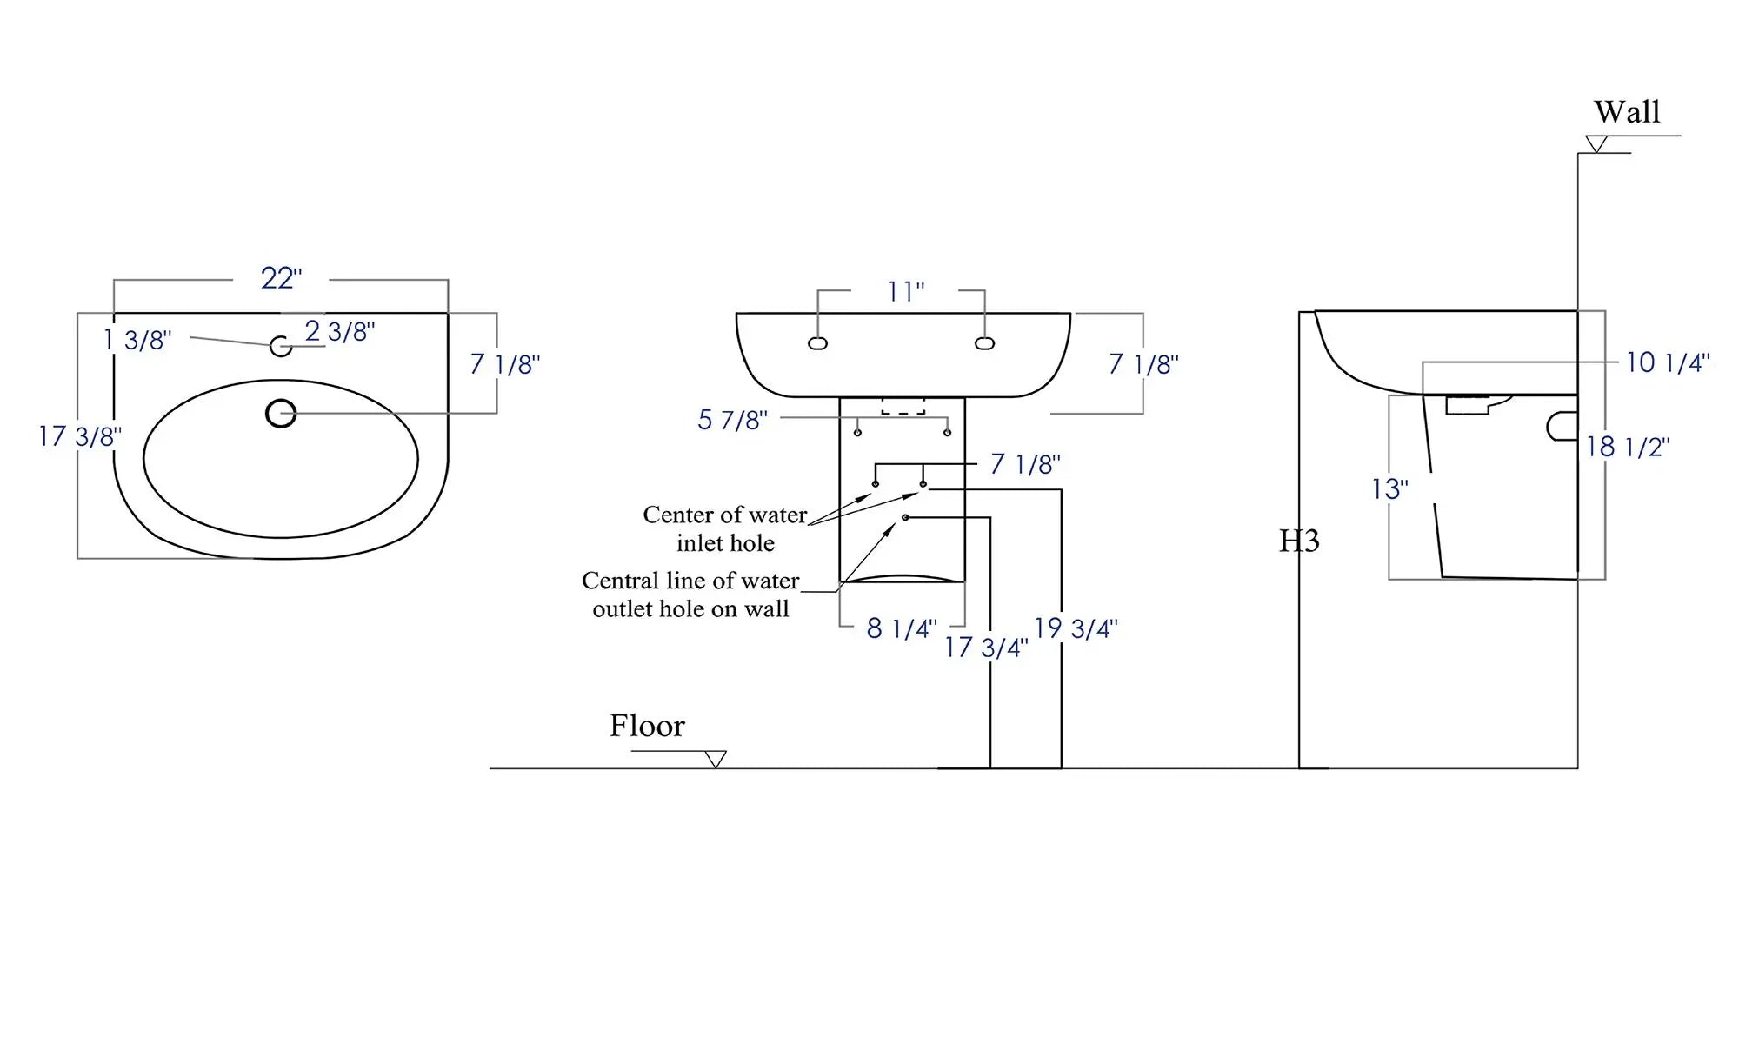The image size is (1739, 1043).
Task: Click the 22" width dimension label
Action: point(281,278)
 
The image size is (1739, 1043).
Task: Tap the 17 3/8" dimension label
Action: point(80,436)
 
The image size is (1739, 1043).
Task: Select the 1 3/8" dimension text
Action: point(137,340)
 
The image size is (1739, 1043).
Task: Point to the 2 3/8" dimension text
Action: point(340,331)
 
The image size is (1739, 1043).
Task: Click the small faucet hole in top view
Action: point(281,346)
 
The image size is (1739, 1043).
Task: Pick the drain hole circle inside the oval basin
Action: point(281,413)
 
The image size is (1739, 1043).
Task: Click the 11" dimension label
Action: point(905,292)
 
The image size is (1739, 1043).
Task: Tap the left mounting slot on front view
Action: point(817,343)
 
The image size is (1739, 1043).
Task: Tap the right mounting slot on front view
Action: point(984,343)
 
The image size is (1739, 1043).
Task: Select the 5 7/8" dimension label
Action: point(732,421)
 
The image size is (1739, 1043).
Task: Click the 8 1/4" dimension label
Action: point(902,628)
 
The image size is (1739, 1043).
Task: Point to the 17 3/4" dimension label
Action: point(986,648)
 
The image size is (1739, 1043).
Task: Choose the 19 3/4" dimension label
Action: point(1076,628)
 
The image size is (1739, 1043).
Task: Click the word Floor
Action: point(647,726)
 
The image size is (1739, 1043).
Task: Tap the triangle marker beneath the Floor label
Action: point(716,760)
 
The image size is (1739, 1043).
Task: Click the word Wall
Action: point(1627,112)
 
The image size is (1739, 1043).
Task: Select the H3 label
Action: point(1299,541)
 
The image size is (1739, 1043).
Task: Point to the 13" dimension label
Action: point(1389,489)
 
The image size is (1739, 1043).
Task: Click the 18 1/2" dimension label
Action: point(1628,447)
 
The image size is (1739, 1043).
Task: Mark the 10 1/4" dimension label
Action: point(1668,362)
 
